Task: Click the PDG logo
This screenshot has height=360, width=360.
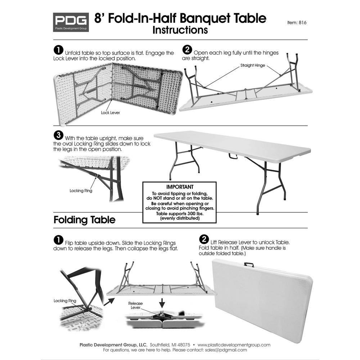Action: [71, 22]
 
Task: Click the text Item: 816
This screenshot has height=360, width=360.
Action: [297, 22]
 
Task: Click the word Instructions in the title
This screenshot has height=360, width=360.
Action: [180, 30]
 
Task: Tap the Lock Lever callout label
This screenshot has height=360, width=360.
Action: [110, 113]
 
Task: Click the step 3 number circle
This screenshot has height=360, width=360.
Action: [58, 135]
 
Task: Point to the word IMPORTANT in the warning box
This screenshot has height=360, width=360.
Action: [180, 187]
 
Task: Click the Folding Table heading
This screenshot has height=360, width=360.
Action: [84, 220]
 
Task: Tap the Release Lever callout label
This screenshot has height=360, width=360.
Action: [135, 306]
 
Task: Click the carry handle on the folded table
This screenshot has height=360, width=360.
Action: [249, 265]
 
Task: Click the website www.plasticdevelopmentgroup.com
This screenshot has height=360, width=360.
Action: [234, 345]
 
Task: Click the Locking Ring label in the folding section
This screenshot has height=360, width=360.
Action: [65, 300]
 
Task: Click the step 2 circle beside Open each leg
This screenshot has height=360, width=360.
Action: [187, 49]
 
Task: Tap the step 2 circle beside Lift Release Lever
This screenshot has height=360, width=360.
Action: [204, 239]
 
